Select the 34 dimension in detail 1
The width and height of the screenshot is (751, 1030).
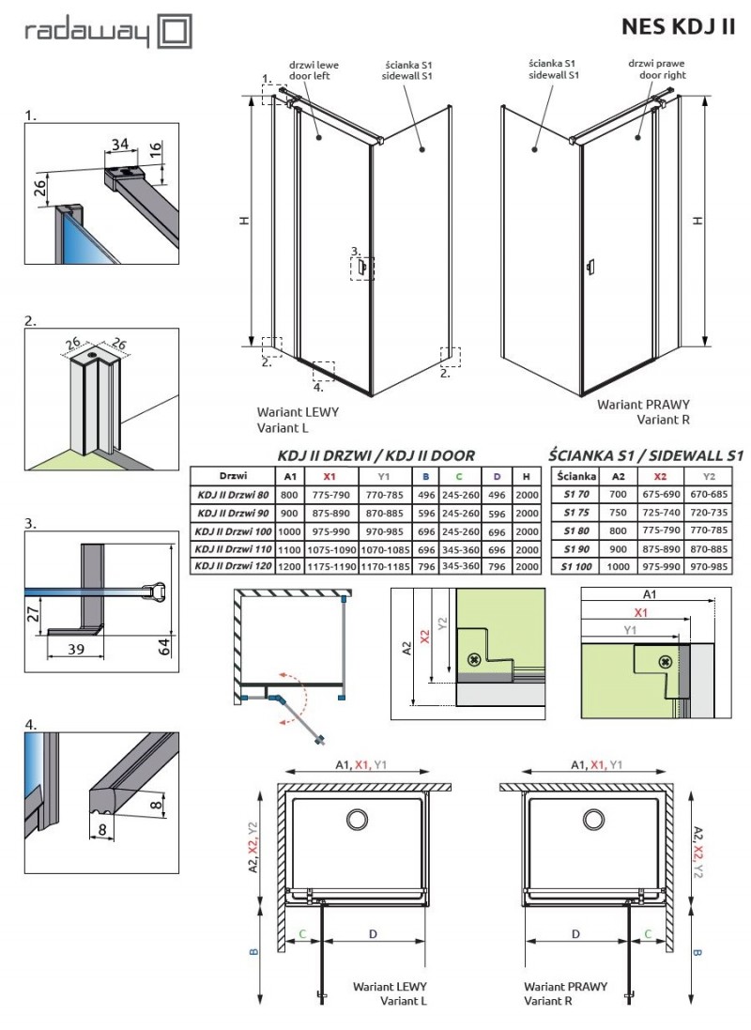(118, 143)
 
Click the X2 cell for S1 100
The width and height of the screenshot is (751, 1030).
(662, 566)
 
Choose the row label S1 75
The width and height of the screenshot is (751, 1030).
(576, 512)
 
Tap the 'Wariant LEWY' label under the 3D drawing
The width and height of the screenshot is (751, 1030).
(298, 411)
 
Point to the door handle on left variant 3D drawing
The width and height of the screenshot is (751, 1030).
(360, 269)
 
